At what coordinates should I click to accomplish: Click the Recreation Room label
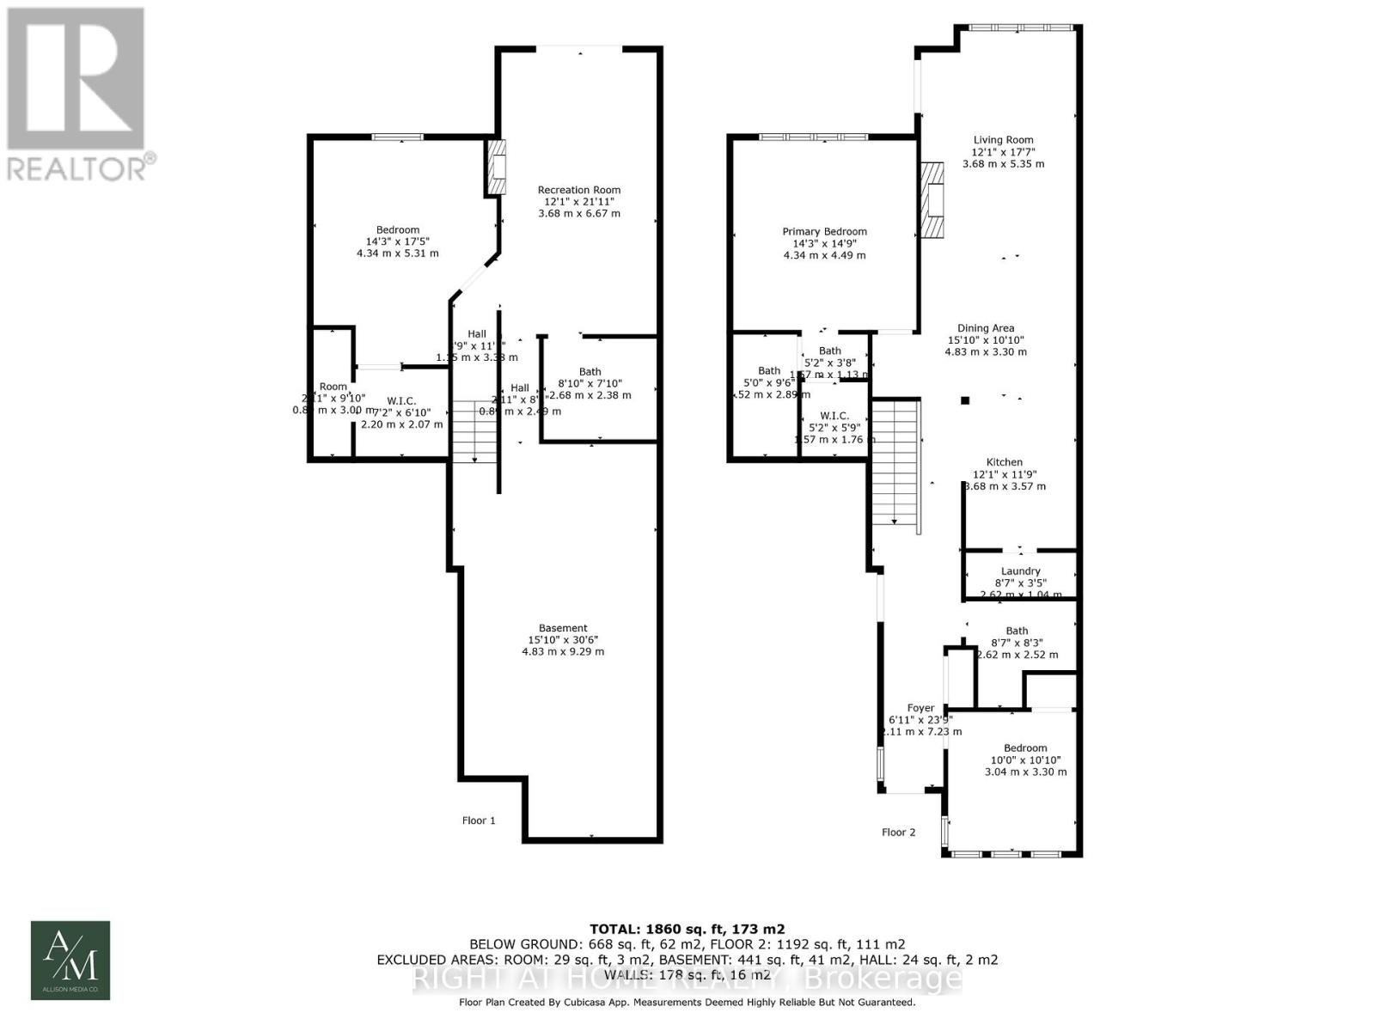tap(578, 190)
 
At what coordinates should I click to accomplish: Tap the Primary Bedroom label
tap(824, 231)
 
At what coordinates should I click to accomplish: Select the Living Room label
tap(1003, 140)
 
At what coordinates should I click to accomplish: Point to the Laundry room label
tap(1020, 571)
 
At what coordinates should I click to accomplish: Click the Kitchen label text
tap(1004, 462)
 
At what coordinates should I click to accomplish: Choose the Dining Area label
tap(986, 328)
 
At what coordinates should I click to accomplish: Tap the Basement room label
tap(563, 628)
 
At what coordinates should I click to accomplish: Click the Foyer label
tap(920, 708)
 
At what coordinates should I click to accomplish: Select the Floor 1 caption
tap(479, 821)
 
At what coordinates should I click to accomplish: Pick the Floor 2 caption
tap(898, 832)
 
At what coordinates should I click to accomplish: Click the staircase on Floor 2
tap(895, 464)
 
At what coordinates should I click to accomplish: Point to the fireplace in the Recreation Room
tap(496, 167)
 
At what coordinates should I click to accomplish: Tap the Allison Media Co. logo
tap(70, 960)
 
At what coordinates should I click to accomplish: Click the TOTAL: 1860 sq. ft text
tap(687, 929)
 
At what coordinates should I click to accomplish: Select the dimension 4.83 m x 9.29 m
tap(563, 652)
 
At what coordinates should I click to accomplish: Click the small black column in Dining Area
tap(965, 400)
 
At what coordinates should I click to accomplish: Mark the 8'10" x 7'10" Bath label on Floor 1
tap(590, 383)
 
